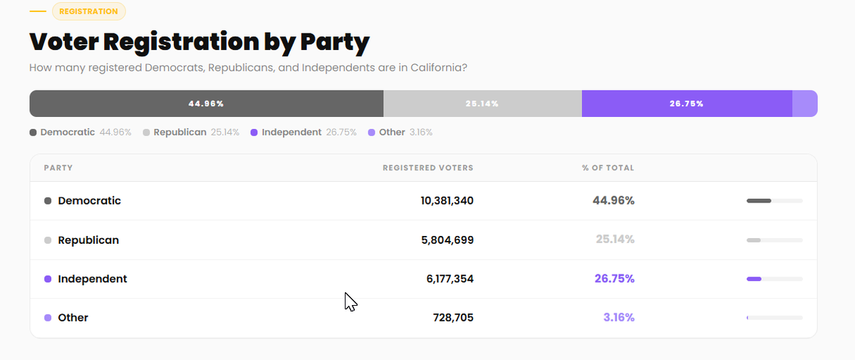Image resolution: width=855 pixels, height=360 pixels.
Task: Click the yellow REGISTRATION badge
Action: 88,11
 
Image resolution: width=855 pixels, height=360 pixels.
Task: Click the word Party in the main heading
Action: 335,42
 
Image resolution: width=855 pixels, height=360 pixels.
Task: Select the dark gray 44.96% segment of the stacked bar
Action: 207,103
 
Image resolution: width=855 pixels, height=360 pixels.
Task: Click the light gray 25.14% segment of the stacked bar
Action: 482,103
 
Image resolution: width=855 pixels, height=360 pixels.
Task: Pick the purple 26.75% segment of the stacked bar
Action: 687,103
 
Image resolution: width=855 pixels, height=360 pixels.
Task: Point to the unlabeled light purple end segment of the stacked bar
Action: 804,103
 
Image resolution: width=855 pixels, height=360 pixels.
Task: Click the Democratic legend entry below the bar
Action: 80,132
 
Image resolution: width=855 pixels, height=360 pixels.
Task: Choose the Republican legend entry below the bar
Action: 191,132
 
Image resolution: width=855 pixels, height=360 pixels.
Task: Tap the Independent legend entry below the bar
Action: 304,132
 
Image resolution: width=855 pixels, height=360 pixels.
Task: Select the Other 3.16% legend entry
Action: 400,132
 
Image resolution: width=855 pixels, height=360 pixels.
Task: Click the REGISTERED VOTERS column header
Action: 428,168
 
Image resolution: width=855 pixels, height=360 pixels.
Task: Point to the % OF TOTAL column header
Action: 608,168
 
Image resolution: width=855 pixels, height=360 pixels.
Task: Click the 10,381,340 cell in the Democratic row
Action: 447,201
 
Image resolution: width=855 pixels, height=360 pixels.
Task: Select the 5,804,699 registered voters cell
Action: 447,240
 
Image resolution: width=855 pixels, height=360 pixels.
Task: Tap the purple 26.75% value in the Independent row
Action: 614,279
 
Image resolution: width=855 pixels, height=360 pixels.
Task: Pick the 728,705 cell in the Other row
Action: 453,318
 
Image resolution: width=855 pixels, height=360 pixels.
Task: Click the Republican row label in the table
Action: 88,240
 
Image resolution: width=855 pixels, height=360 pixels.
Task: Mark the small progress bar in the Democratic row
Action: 775,201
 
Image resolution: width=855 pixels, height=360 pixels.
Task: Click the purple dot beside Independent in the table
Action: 48,279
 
